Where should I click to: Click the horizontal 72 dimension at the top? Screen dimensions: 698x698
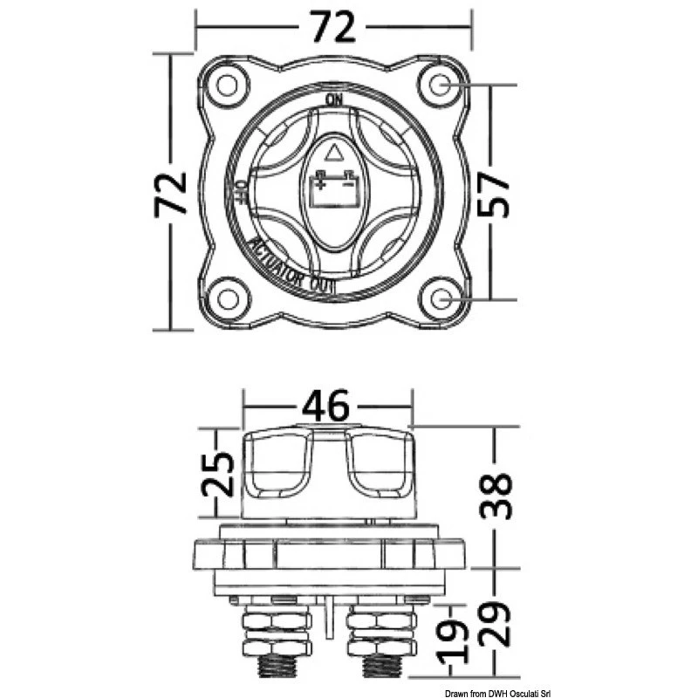(333, 28)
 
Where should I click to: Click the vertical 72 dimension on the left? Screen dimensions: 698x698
(173, 194)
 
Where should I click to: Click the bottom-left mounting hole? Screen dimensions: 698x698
(228, 299)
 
